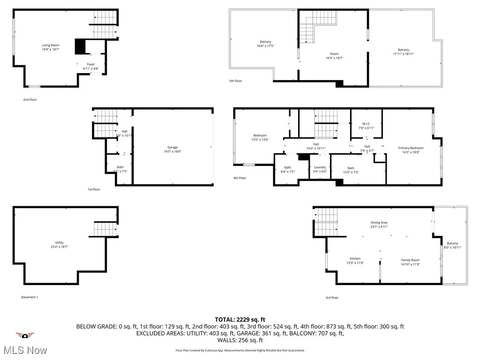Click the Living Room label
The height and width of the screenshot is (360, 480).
click(x=50, y=45)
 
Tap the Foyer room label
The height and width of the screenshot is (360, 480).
click(x=90, y=64)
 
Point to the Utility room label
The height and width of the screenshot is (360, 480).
click(x=60, y=243)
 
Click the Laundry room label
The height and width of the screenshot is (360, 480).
click(x=320, y=167)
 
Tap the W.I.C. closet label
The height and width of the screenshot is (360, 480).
click(x=366, y=124)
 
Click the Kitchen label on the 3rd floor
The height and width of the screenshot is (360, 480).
click(x=355, y=259)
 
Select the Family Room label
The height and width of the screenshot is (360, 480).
click(x=410, y=260)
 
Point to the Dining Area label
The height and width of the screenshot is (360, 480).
click(x=379, y=223)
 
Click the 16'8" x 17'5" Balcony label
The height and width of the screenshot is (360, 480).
click(x=265, y=42)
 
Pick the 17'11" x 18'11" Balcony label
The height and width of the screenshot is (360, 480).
click(x=403, y=50)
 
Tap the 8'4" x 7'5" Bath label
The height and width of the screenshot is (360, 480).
click(x=287, y=168)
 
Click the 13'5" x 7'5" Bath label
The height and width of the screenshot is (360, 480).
click(x=351, y=168)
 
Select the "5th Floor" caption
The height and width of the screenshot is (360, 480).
click(x=235, y=81)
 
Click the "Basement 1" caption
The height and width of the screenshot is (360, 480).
click(x=30, y=297)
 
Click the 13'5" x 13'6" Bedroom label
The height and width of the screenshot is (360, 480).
click(x=260, y=135)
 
